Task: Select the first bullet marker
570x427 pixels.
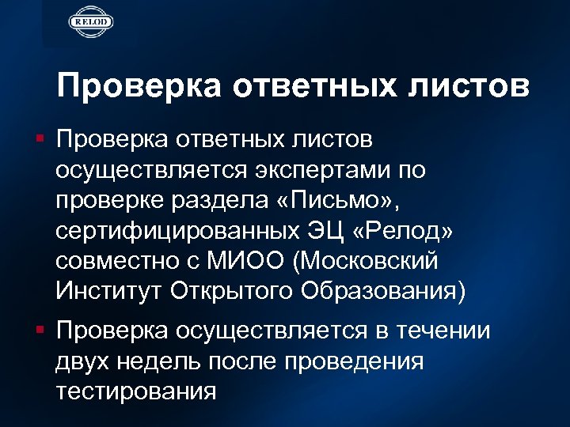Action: (x=46, y=141)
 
